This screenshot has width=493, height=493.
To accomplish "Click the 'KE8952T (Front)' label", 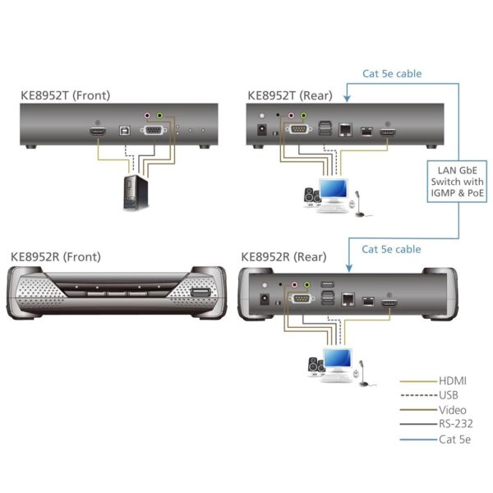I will coord(65,95).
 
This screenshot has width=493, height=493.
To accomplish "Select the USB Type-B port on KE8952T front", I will coord(124,130).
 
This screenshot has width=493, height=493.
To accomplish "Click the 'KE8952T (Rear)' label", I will coord(290,95).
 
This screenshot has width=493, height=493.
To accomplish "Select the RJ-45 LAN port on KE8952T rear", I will coord(347,130).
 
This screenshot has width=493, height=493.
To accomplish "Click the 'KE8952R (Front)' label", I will coord(55,256).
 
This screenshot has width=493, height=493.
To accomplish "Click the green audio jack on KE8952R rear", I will coord(307,285).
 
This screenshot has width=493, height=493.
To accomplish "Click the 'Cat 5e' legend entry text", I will coord(455,440).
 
